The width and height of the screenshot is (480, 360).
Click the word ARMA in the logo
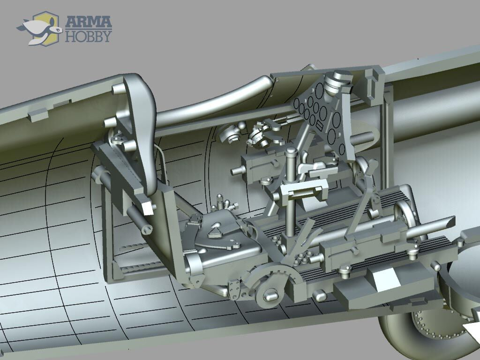pos(89,22)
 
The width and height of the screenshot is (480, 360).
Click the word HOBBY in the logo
pos(88,36)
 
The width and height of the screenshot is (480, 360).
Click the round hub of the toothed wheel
pos(271,295)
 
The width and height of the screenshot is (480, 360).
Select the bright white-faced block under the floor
pos(386,280)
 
